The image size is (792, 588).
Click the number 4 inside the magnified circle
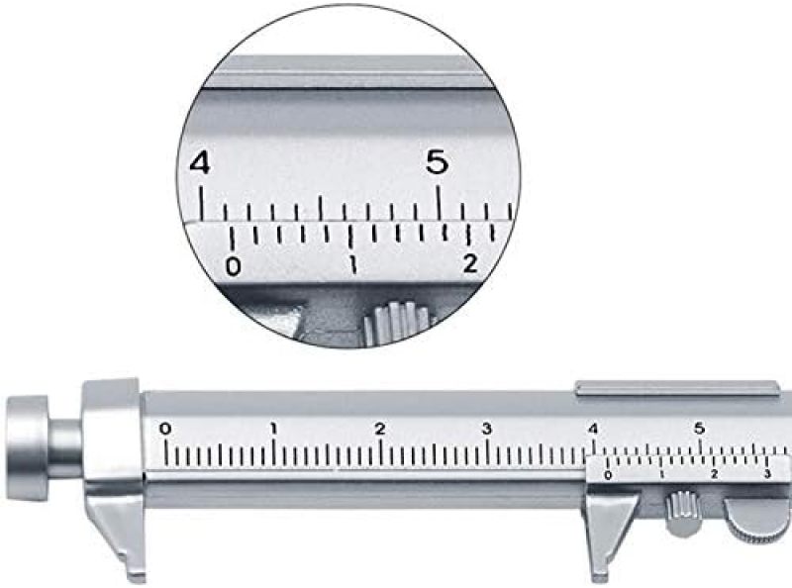[x=200, y=163]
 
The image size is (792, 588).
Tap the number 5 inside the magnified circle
[x=437, y=162]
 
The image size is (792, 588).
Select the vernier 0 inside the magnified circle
[x=233, y=266]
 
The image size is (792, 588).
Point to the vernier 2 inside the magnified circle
[x=470, y=263]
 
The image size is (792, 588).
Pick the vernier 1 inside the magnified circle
[x=354, y=264]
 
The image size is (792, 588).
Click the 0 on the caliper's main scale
[x=165, y=429]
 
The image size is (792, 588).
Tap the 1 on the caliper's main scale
[x=273, y=429]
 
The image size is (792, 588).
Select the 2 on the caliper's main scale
[x=380, y=429]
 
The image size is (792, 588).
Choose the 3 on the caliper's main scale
[x=486, y=429]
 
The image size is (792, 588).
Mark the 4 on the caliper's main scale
[x=592, y=429]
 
